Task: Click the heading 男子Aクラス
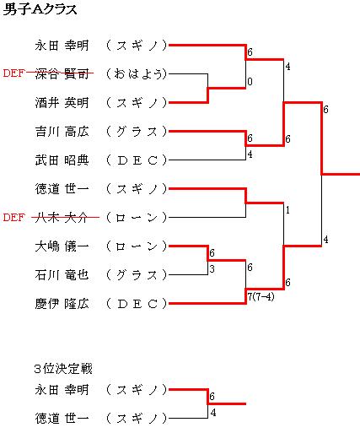pos(40,10)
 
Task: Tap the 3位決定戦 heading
pos(63,369)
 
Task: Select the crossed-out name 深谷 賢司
pos(62,74)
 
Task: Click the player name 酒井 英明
pos(62,103)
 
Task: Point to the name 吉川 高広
pos(62,132)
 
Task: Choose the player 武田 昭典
pos(62,160)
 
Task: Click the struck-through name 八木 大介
pos(62,218)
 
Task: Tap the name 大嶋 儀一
pos(62,246)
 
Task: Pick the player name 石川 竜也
pos(62,275)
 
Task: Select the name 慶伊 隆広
pos(62,304)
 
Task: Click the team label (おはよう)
pos(137,74)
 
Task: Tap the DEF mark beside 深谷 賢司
pos(13,73)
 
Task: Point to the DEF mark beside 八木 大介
pos(13,218)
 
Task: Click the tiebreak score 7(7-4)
pos(261,297)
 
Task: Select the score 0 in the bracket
pos(250,82)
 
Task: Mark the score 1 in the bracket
pos(287,210)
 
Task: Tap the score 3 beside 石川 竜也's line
pos(212,269)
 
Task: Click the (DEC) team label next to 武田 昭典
pos(137,160)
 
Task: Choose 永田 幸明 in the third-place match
pos(62,390)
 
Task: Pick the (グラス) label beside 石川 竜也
pos(137,275)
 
